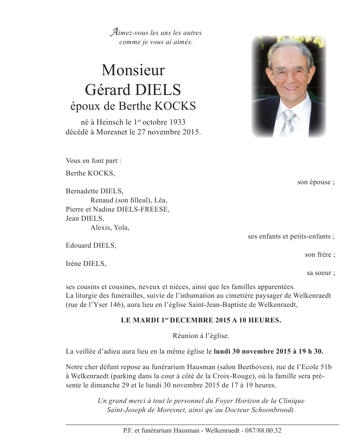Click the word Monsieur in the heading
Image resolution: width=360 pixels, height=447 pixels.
(133, 70)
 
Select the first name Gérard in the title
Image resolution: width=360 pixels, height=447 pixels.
(107, 90)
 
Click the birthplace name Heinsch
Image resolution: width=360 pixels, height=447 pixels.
(110, 122)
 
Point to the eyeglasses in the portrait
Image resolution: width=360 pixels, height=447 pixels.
(290, 73)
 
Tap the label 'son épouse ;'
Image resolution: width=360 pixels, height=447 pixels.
(316, 182)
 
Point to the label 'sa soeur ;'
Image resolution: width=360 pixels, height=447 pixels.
(321, 273)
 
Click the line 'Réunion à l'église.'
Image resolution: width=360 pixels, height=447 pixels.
(201, 336)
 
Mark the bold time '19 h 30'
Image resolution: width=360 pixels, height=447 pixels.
(310, 352)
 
